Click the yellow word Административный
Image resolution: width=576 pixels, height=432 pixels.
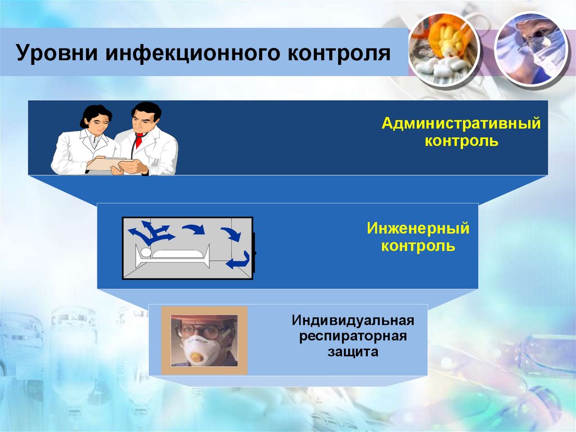point(461,123)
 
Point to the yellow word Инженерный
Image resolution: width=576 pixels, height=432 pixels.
point(418,229)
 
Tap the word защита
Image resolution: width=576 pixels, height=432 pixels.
point(353,353)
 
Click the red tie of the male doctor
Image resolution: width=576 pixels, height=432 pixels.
point(138,140)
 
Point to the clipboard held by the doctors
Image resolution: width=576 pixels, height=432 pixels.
point(110,163)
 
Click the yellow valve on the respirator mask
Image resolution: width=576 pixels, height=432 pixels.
point(196,357)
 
